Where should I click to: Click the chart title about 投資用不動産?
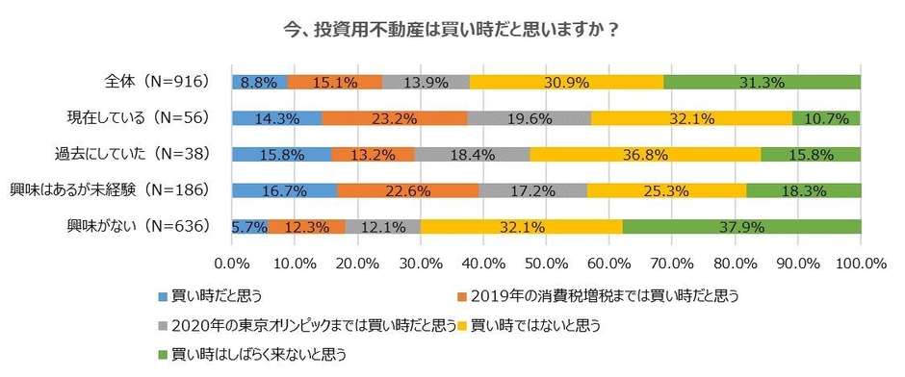tap(452, 29)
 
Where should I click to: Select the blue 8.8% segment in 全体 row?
tap(259, 82)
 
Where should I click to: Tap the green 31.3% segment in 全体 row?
tap(762, 82)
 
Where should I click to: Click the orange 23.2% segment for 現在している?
tap(395, 117)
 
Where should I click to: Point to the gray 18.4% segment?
tap(472, 154)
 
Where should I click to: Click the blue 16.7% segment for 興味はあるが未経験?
tap(284, 189)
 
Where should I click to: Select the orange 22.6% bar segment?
tap(407, 189)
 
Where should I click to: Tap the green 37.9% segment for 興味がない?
tap(741, 226)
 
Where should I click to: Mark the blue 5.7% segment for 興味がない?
tap(249, 226)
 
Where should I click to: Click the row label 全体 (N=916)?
tap(164, 82)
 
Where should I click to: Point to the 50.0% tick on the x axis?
tap(546, 262)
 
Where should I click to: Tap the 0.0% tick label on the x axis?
tap(232, 262)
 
